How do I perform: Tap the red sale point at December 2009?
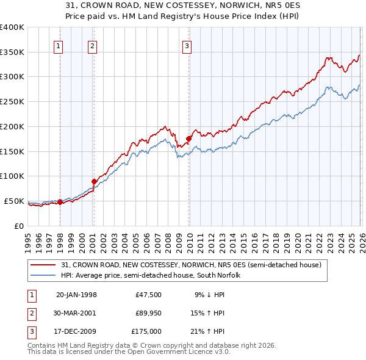point(188,139)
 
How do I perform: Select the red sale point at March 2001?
point(94,181)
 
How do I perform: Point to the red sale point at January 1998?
point(60,202)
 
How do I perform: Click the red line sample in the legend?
point(43,265)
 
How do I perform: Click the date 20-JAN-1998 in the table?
point(76,295)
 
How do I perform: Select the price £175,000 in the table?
point(146,333)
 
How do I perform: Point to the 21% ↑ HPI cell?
point(208,333)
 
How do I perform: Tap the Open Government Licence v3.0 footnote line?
point(120,352)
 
